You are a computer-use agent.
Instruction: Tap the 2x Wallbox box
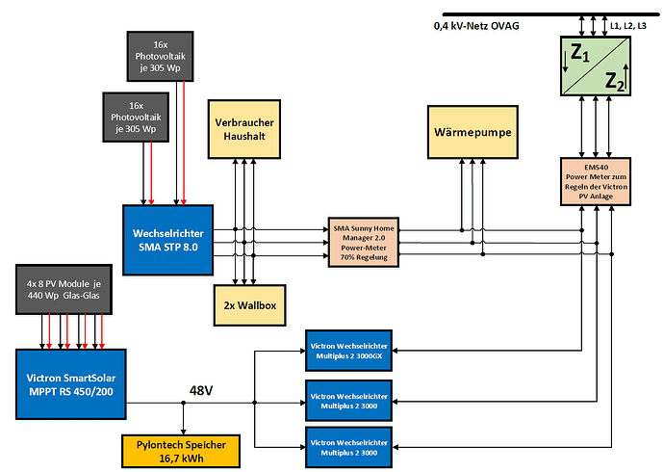click(247, 304)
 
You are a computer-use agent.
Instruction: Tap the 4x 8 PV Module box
click(64, 288)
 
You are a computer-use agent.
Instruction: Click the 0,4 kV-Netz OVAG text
click(476, 25)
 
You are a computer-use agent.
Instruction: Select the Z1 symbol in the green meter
click(580, 55)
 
